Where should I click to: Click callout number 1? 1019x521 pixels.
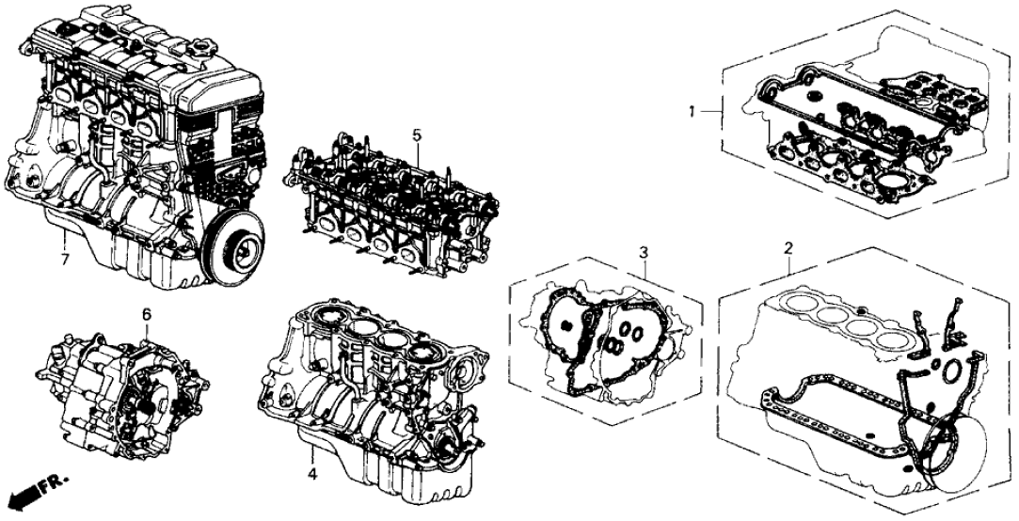tap(692, 113)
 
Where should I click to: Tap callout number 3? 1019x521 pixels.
tap(643, 252)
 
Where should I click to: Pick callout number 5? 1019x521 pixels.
tap(416, 135)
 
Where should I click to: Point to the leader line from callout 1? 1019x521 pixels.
tap(711, 114)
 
